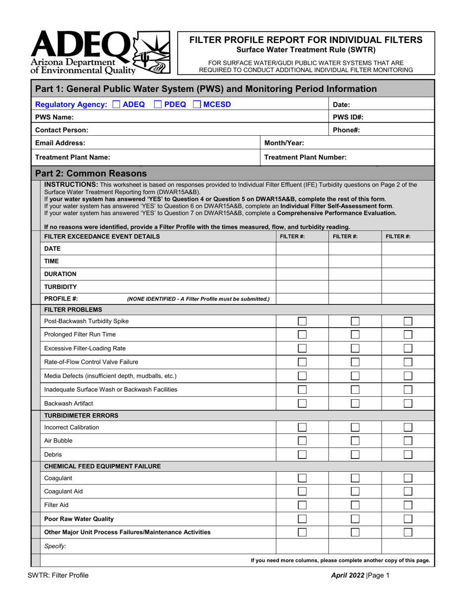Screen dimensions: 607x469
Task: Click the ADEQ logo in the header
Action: click(100, 52)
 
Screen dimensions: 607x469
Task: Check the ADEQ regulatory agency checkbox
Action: click(117, 104)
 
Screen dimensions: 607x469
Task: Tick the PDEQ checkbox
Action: click(158, 104)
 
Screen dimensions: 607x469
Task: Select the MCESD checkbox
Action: click(196, 104)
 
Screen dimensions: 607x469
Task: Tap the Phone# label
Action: click(347, 130)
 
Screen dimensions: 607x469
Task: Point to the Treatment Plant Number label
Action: click(305, 157)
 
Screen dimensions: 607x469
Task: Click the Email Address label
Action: click(60, 143)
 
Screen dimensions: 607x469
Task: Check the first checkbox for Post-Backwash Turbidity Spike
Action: click(302, 321)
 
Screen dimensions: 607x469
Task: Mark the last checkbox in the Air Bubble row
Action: click(408, 441)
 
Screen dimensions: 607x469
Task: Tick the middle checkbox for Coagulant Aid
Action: click(355, 492)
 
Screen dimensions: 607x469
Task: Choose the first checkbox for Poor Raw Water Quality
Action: click(302, 519)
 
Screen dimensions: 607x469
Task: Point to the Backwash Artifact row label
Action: click(69, 403)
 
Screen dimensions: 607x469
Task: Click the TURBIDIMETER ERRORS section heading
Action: click(81, 416)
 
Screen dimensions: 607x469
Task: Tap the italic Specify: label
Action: click(55, 546)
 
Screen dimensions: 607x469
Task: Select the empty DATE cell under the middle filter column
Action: click(355, 249)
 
